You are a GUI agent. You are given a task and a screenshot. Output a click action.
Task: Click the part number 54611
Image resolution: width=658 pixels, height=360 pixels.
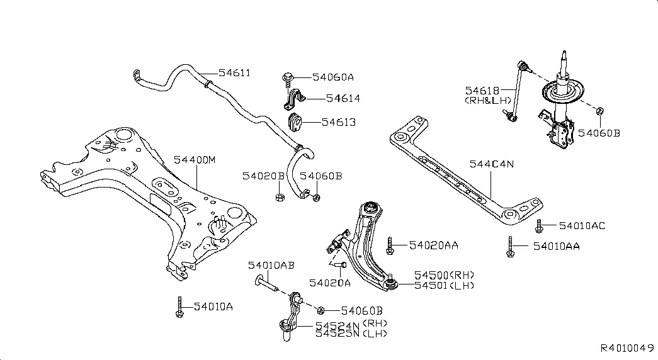click(235, 73)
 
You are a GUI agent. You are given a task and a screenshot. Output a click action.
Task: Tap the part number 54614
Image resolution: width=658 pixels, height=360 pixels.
click(343, 99)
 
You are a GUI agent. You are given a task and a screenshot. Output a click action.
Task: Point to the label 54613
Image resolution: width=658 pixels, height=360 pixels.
click(339, 122)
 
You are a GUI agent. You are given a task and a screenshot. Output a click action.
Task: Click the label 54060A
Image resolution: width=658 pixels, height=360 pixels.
click(334, 77)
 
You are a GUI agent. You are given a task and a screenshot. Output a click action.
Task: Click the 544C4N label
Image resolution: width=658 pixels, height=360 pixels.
click(492, 164)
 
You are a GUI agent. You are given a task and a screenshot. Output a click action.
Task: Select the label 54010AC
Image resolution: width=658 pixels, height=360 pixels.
click(582, 225)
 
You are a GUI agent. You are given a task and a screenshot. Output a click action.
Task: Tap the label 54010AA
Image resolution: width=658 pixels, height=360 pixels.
click(556, 247)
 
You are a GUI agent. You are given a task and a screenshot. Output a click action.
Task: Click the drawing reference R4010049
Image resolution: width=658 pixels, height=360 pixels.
click(628, 348)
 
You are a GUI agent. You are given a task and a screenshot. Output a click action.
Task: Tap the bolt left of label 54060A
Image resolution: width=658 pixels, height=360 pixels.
click(286, 78)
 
